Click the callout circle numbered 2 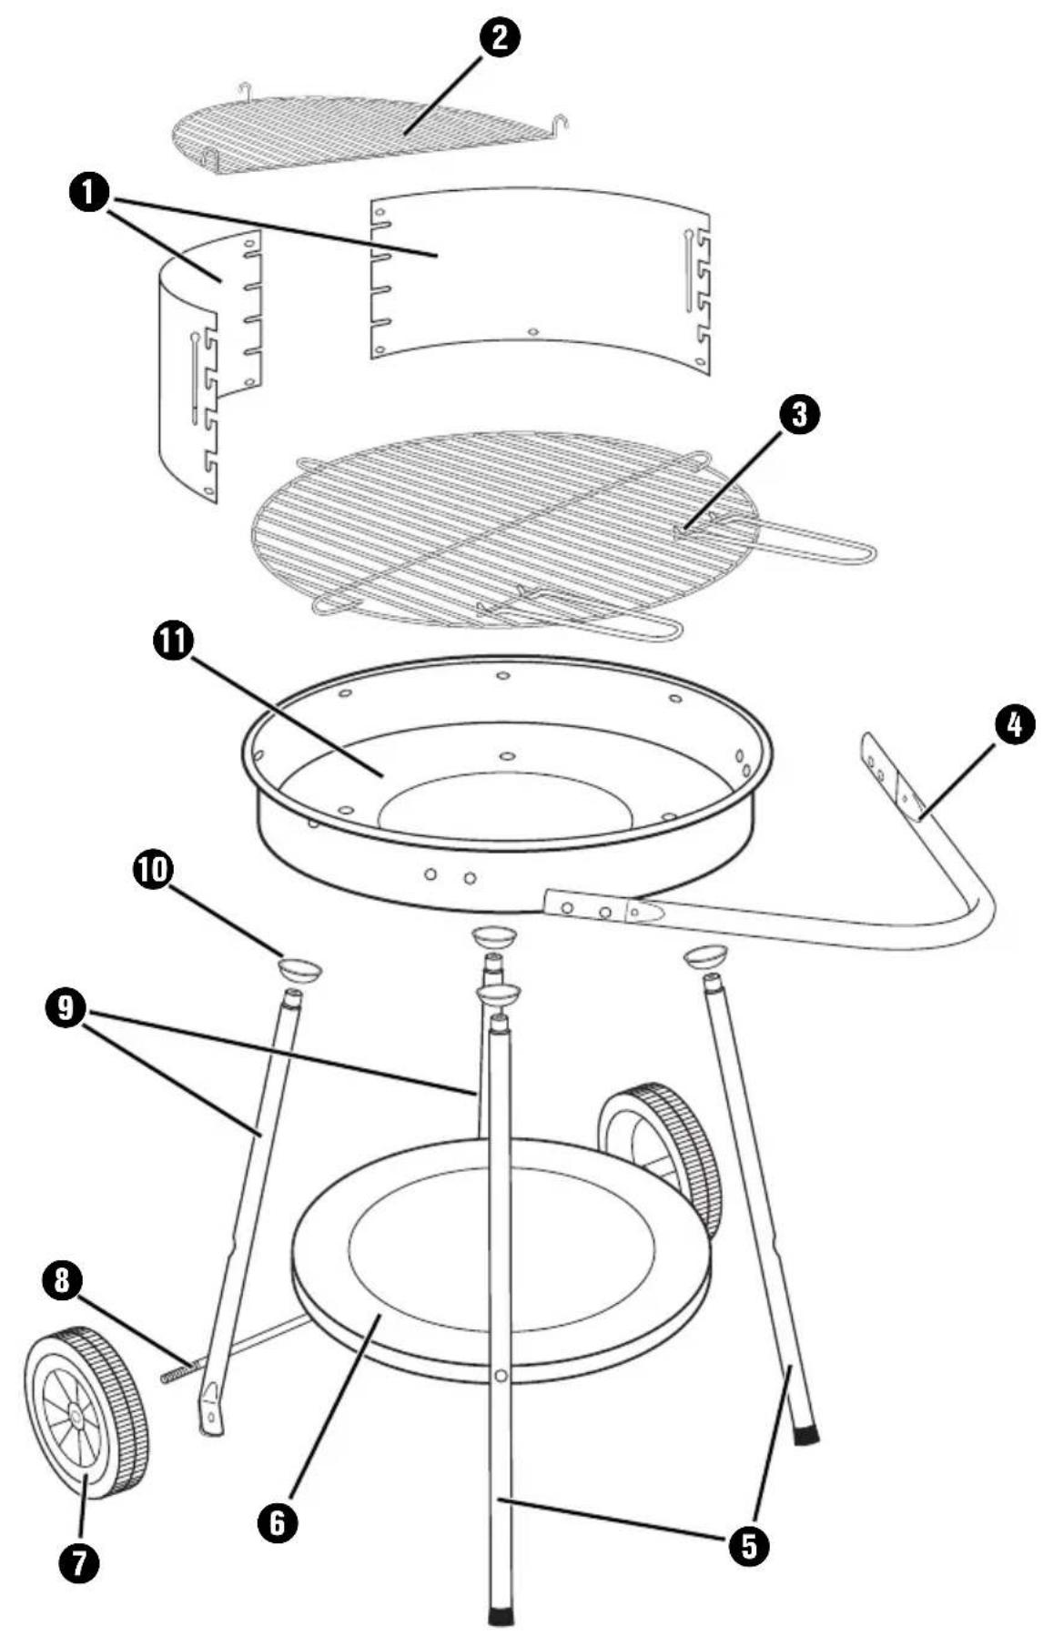[x=501, y=40]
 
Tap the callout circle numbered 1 [x=89, y=194]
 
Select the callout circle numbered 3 [x=798, y=415]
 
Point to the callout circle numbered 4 [x=1014, y=726]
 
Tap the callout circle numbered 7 [x=78, y=1563]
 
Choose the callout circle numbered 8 [x=62, y=1280]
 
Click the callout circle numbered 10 [x=152, y=871]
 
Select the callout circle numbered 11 [x=173, y=641]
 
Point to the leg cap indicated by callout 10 [x=299, y=968]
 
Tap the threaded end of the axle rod [x=177, y=1370]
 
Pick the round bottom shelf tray [x=501, y=1260]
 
